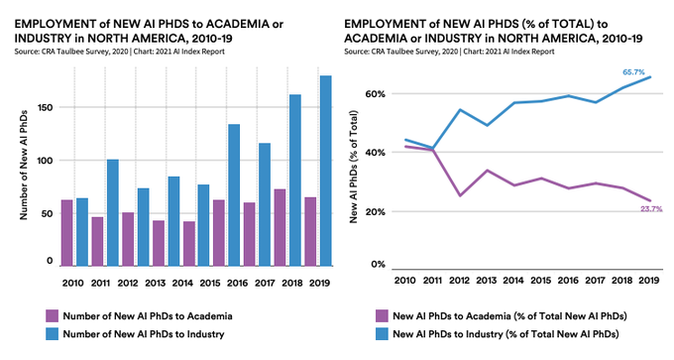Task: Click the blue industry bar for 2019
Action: tap(326, 171)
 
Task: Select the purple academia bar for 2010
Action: tap(67, 233)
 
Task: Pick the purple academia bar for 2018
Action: tap(280, 227)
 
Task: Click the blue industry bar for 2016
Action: tap(234, 195)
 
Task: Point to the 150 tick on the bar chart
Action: tap(46, 107)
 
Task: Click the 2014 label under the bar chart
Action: tap(182, 283)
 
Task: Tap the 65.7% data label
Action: tap(633, 72)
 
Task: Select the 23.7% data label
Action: tap(651, 209)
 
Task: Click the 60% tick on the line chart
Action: tap(377, 94)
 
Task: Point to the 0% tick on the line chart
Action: tap(379, 264)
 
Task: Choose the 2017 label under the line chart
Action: tap(596, 281)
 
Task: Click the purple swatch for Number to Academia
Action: tap(52, 316)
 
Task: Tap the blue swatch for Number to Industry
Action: tap(52, 334)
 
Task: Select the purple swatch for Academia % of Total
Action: tap(382, 316)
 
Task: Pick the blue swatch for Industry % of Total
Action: tap(382, 334)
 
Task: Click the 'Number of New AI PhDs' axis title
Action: tap(24, 166)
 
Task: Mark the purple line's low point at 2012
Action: tap(460, 195)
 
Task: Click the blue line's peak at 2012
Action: tap(460, 110)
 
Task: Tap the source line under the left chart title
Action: tap(120, 52)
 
